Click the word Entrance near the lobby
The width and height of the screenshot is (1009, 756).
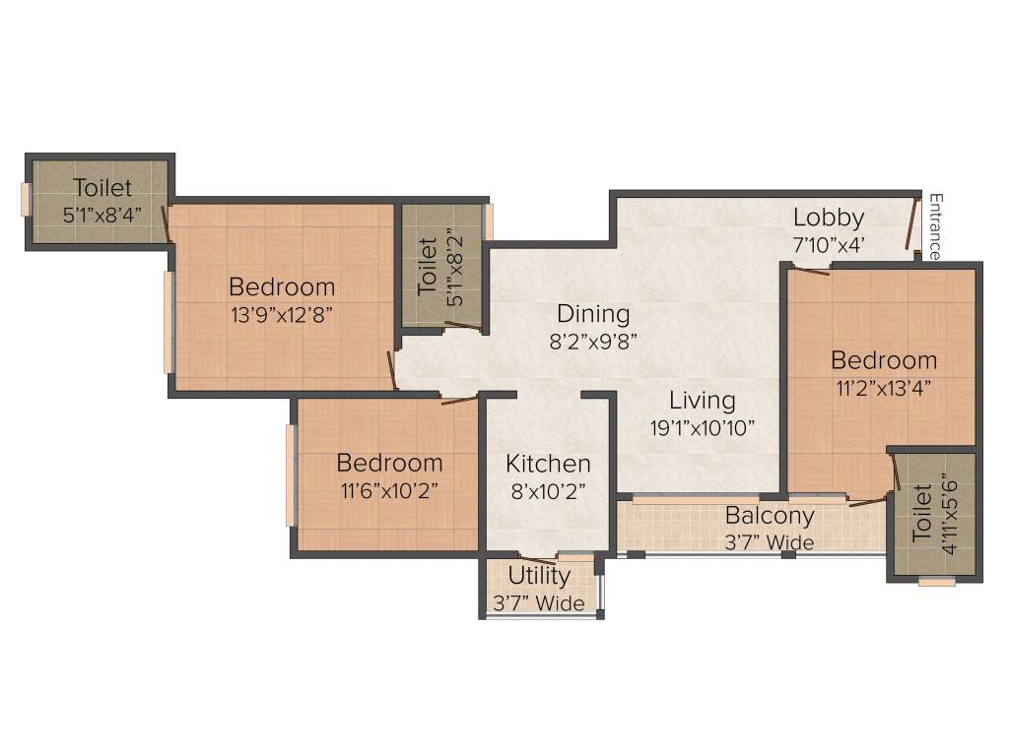pos(935,227)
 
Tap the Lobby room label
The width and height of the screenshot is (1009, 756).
pos(829,218)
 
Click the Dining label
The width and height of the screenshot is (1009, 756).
pos(593,314)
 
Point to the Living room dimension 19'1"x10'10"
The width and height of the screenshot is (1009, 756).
pos(703,428)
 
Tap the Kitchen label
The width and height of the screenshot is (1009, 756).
pos(549,464)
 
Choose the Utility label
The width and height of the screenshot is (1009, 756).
pos(539,575)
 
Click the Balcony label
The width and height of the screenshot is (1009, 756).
pos(770,516)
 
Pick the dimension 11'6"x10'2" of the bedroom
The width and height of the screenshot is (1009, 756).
pos(390,490)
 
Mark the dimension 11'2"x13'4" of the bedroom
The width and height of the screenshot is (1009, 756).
pos(883,387)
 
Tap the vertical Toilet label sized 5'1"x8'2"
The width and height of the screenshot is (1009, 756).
pos(429,266)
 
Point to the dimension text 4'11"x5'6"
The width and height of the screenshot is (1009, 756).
pos(949,516)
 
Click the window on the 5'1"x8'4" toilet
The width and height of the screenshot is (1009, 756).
pos(27,198)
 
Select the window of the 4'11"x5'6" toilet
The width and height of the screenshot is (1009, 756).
pos(936,582)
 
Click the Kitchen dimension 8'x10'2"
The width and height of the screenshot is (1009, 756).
pos(549,490)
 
